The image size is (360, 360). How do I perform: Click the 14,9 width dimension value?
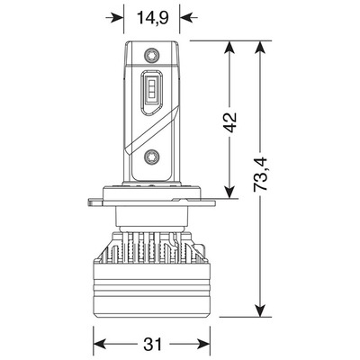coord(153,18)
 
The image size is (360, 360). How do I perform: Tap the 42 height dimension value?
coord(230,122)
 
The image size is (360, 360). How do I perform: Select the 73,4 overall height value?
coord(260,174)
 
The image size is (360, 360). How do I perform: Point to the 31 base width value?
coord(152,344)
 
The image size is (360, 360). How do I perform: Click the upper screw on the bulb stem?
coord(151,55)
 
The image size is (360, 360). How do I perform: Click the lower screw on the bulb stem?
coord(151,157)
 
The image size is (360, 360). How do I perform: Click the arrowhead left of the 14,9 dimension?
coord(116,18)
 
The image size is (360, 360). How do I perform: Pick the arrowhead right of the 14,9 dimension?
coord(188,18)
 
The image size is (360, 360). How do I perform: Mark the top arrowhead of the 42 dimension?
coord(229,49)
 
